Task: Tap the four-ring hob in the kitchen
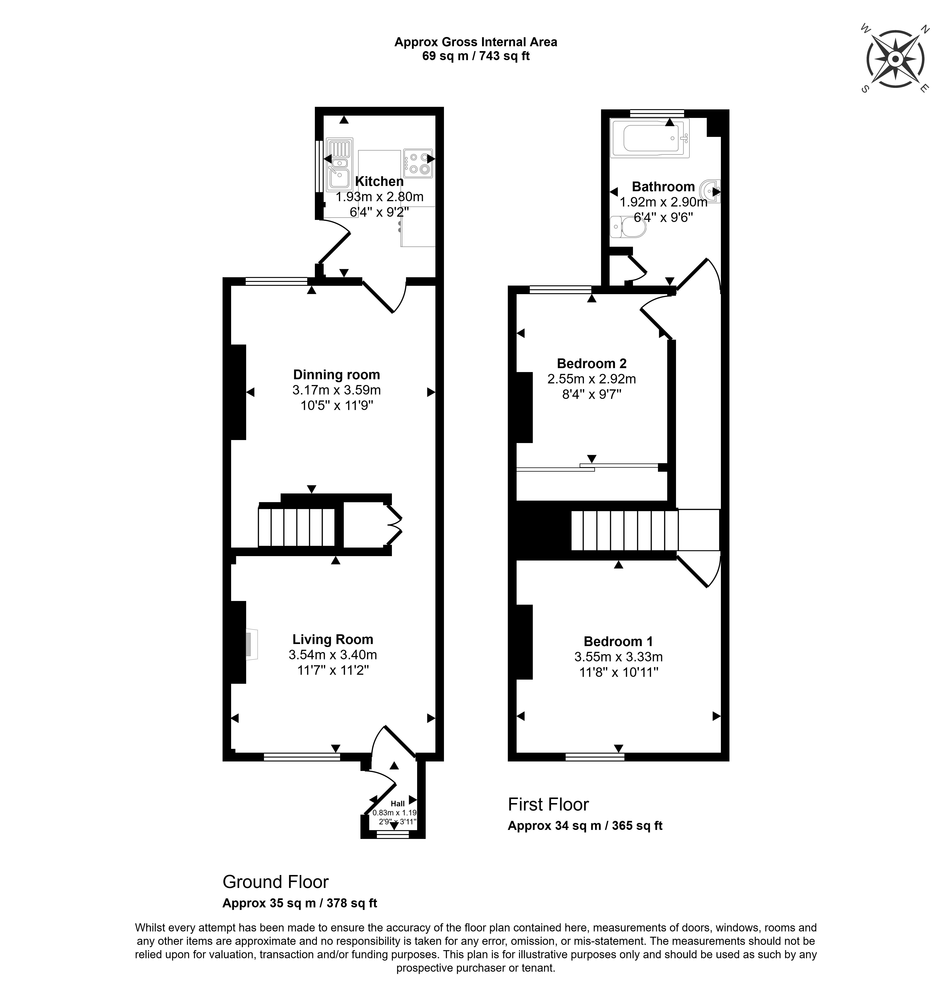pyautogui.click(x=418, y=163)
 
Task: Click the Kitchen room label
pyautogui.click(x=379, y=181)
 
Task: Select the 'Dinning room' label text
pyautogui.click(x=336, y=375)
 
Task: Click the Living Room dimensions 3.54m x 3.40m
pyautogui.click(x=333, y=654)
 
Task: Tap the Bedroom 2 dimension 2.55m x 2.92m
pyautogui.click(x=592, y=379)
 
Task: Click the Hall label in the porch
pyautogui.click(x=397, y=803)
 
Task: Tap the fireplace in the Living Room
pyautogui.click(x=251, y=644)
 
